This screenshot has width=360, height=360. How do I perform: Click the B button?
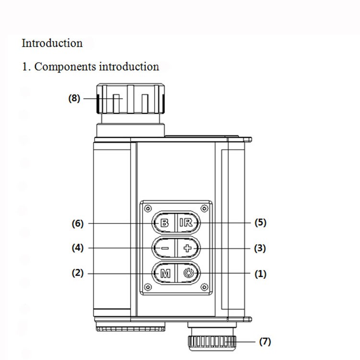[164, 223]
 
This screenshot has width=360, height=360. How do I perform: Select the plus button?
[187, 248]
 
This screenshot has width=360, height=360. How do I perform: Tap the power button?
[187, 274]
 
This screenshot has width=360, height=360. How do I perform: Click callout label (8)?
[74, 99]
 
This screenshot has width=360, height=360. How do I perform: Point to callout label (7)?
[265, 342]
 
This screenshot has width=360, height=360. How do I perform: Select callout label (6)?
[77, 223]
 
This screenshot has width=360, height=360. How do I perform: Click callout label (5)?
[260, 223]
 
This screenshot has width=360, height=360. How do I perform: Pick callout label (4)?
[77, 248]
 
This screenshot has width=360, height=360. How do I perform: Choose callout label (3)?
[260, 248]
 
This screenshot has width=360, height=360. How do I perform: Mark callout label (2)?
[77, 273]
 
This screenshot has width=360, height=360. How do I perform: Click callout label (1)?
[260, 274]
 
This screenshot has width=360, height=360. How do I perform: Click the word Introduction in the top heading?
[52, 43]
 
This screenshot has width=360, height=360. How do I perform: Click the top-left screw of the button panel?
[148, 209]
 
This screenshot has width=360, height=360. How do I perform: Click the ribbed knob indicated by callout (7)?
[212, 341]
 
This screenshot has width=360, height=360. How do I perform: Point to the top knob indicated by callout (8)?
[131, 99]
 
